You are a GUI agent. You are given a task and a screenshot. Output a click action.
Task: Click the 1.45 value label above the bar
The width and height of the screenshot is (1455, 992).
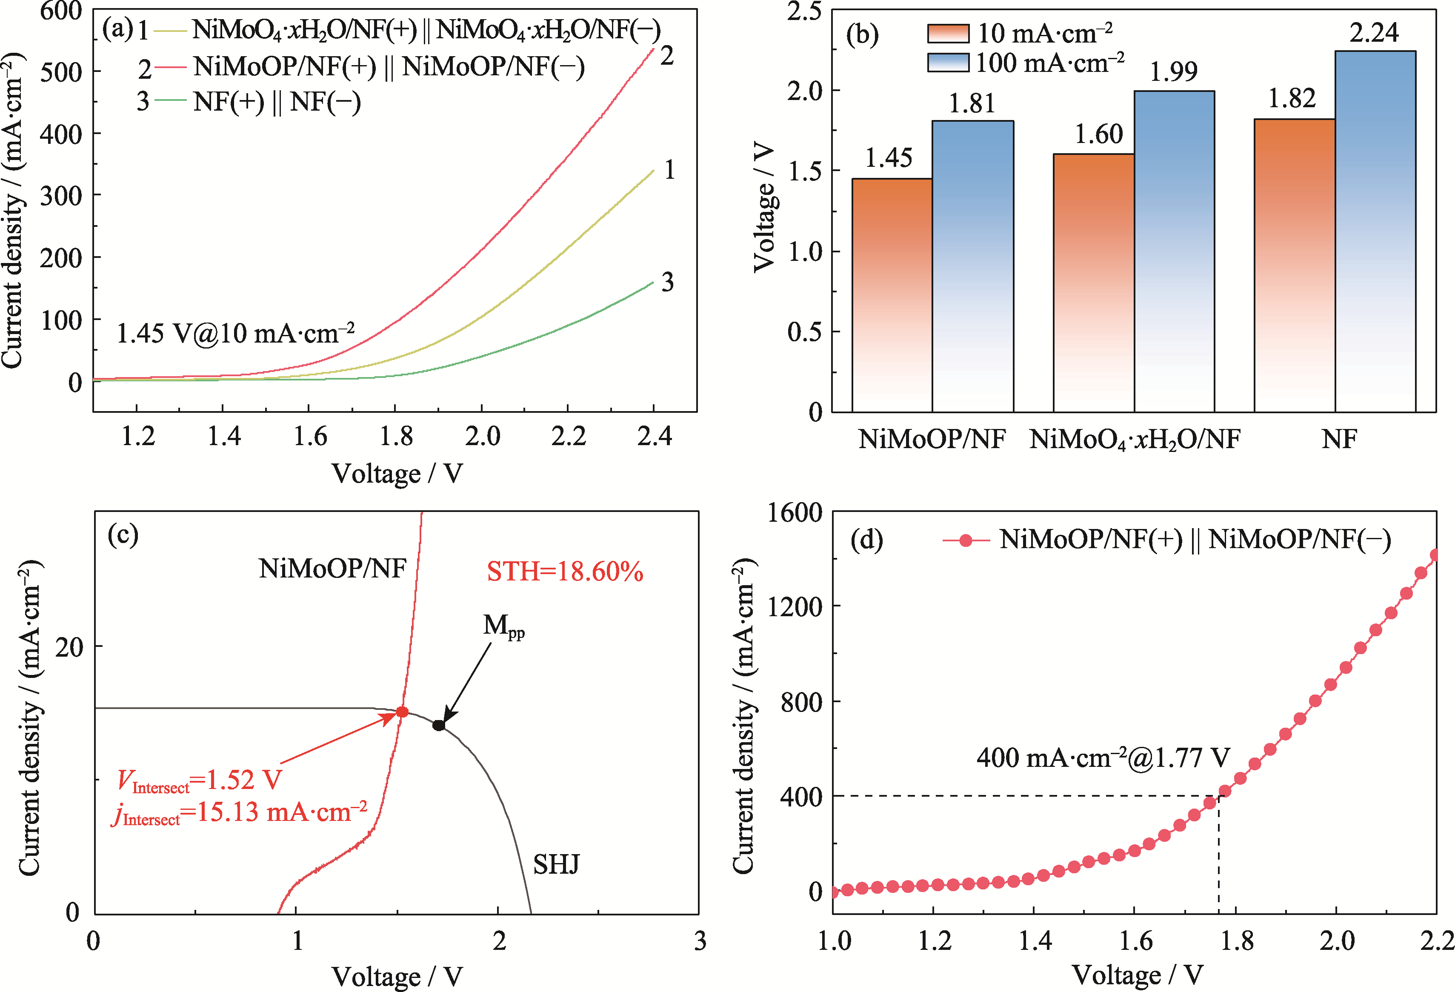(889, 158)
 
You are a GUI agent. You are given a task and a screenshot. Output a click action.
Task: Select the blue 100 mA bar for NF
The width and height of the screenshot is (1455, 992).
(1375, 232)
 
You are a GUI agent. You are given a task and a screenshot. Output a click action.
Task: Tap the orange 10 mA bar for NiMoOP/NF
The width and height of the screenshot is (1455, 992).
(892, 294)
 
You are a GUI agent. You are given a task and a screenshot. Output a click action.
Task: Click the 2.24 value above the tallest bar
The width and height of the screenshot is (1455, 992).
(1374, 32)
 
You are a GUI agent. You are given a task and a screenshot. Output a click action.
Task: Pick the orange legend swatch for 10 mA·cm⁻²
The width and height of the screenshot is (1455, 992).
(948, 33)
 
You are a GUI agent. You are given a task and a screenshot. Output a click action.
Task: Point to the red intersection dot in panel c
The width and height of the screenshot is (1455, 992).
(402, 712)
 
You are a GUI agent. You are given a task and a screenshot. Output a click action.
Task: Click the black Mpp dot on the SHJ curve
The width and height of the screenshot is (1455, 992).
(439, 725)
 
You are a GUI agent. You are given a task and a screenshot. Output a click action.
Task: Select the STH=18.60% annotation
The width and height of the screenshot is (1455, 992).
(565, 572)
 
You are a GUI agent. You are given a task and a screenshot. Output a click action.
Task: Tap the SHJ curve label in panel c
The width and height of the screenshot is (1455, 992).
(556, 864)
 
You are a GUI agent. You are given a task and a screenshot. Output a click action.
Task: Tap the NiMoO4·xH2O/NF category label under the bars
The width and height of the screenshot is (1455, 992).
(1135, 439)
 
